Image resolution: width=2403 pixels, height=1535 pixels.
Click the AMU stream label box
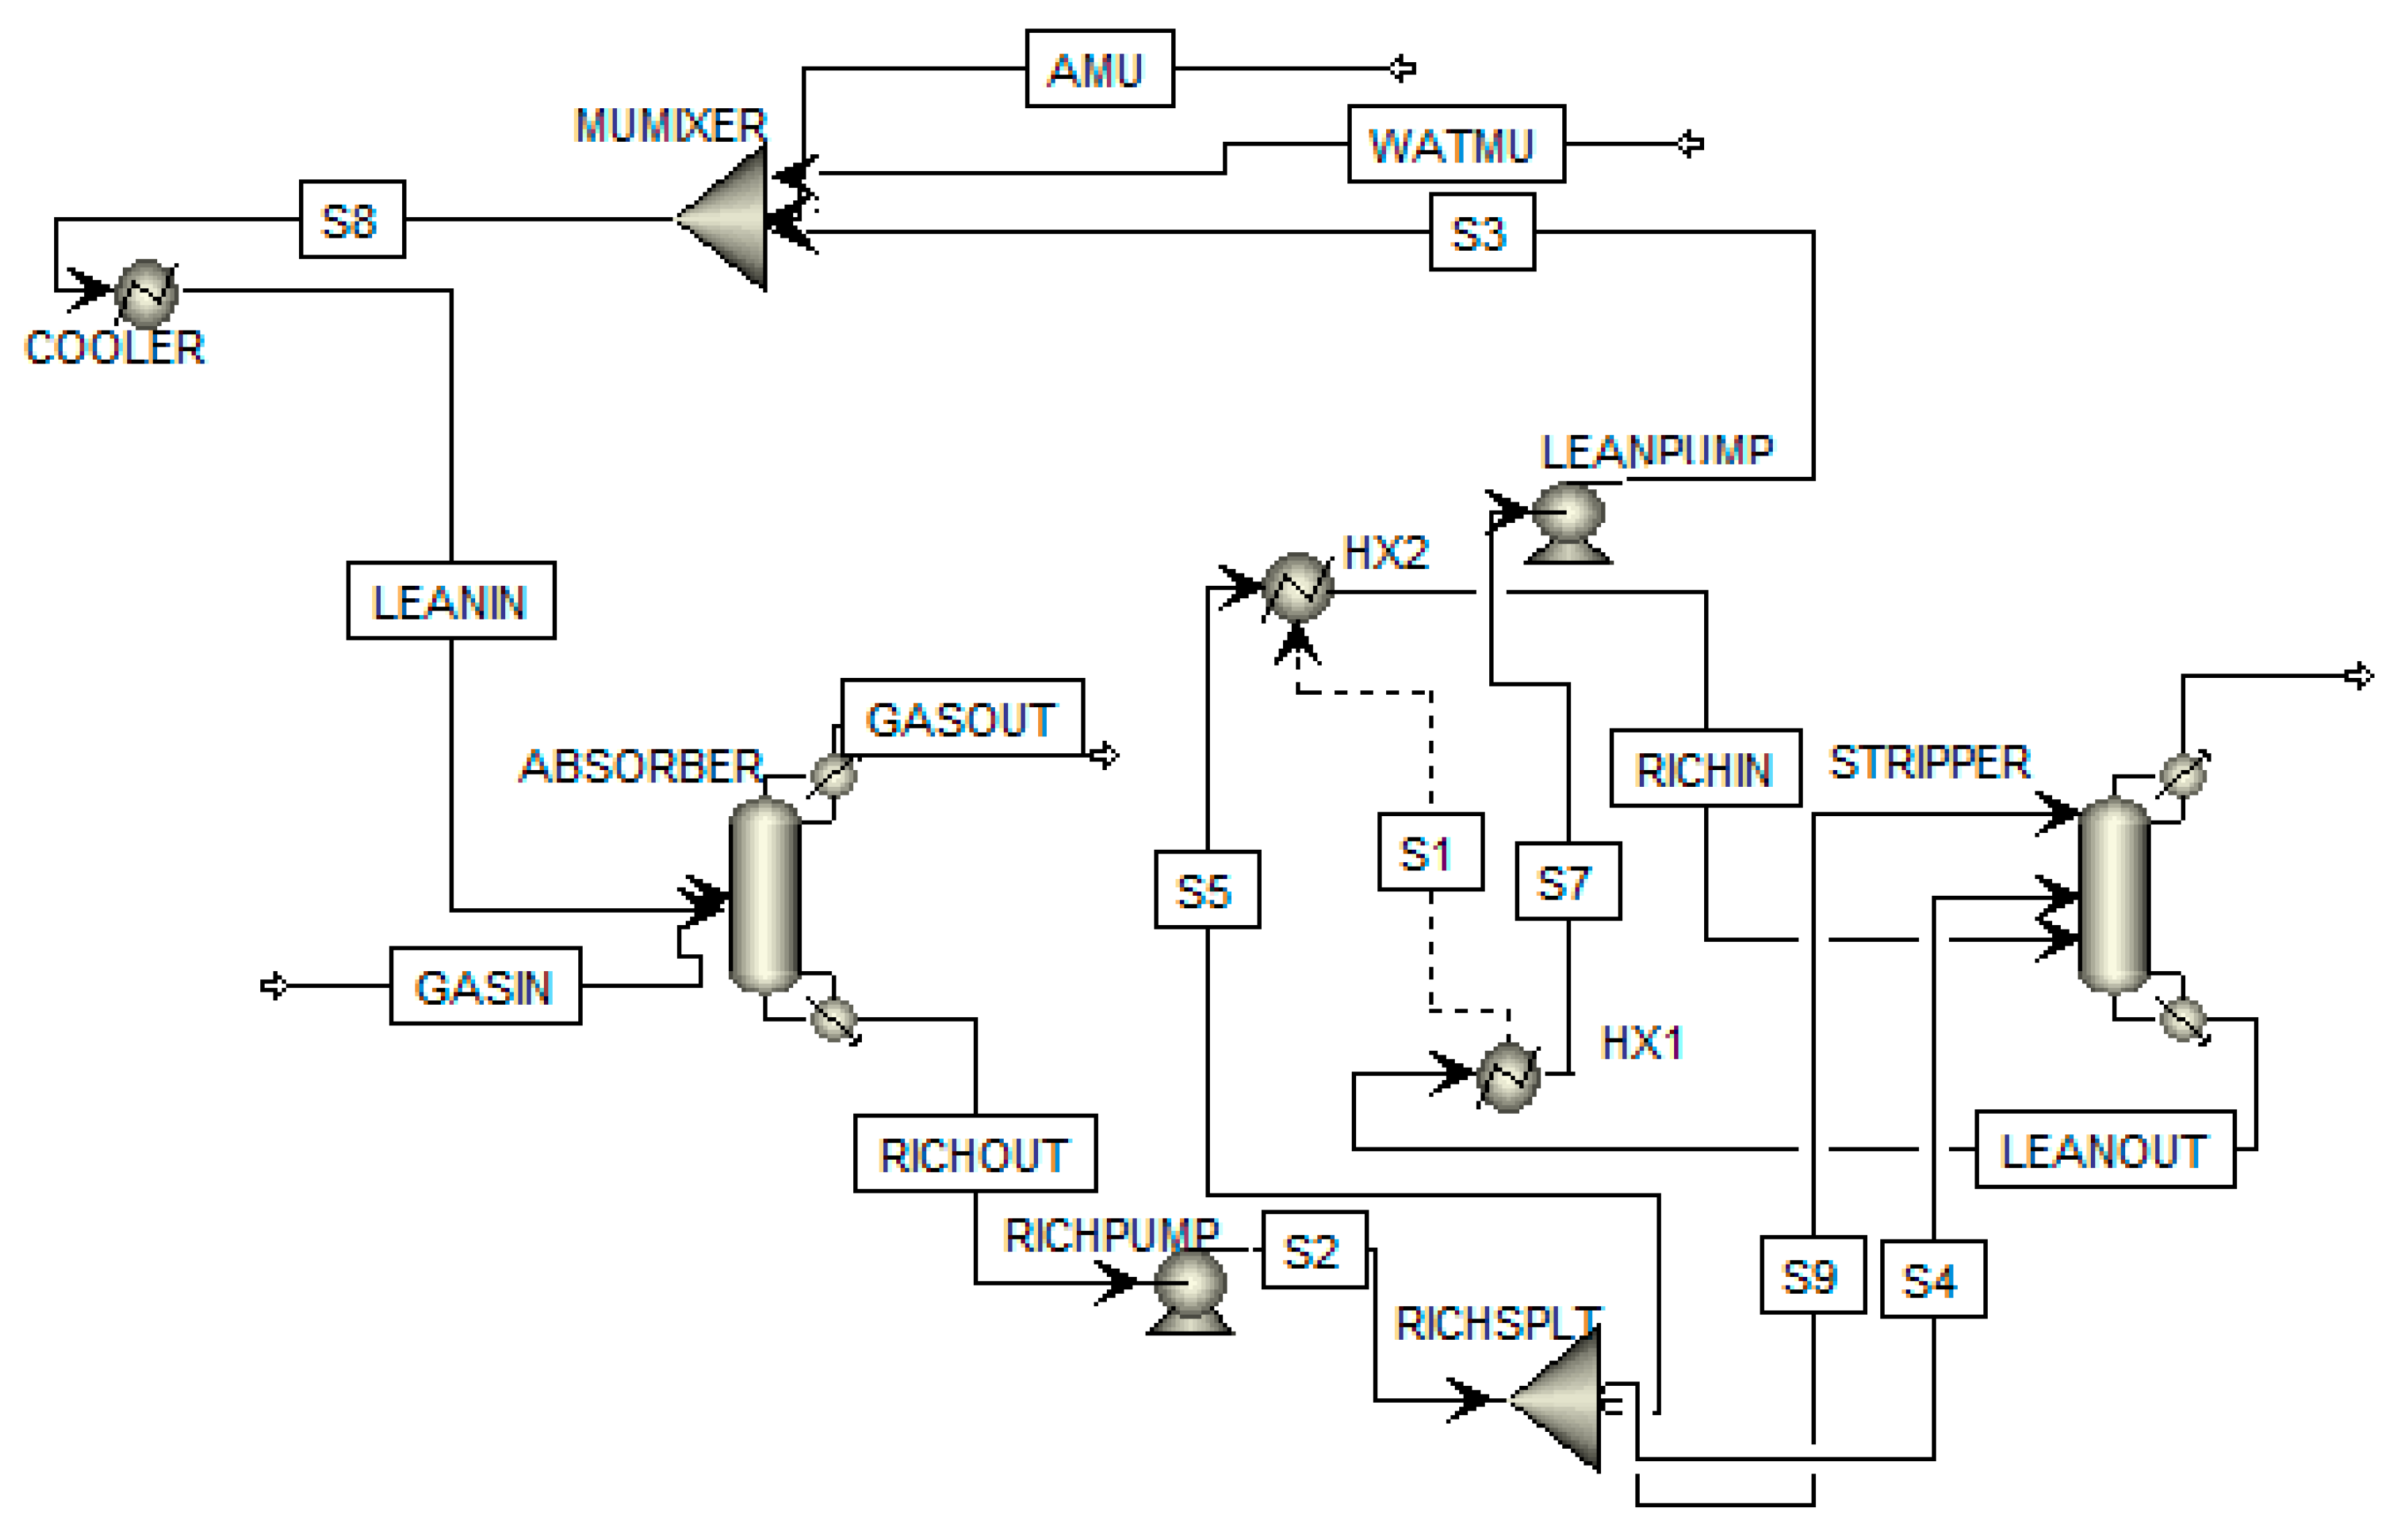(1099, 69)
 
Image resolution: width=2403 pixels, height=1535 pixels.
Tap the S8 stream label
(352, 219)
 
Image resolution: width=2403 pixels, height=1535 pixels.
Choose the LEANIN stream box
(451, 601)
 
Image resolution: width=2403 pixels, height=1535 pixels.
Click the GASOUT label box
(962, 719)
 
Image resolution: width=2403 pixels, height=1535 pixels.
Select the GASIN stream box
(485, 986)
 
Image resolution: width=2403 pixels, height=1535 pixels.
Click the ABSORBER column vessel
(765, 895)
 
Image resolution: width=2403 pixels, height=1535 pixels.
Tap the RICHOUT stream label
(975, 1154)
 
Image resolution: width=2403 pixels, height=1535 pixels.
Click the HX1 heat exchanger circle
(1508, 1076)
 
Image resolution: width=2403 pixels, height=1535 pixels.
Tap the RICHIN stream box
(1706, 769)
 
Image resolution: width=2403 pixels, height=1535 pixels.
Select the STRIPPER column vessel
(2113, 895)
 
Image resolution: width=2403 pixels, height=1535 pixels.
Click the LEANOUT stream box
(2105, 1150)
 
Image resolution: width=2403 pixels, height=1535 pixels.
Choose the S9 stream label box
(1812, 1275)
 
